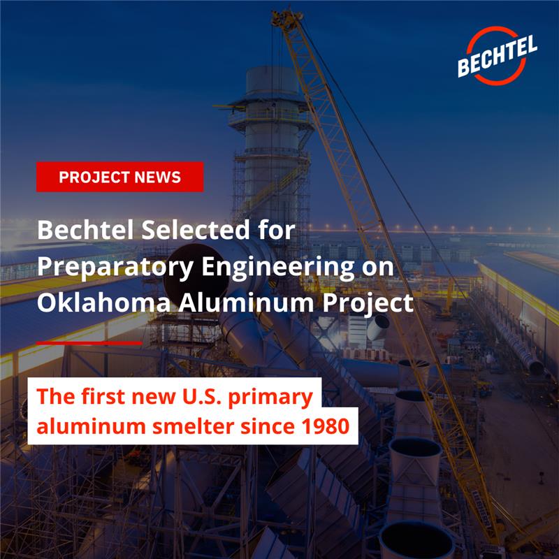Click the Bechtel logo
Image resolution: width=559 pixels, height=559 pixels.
click(x=498, y=56)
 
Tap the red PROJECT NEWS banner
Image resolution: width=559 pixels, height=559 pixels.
click(x=119, y=177)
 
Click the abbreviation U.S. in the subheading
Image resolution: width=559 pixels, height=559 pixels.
click(x=198, y=395)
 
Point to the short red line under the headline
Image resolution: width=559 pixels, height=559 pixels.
click(x=88, y=343)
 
